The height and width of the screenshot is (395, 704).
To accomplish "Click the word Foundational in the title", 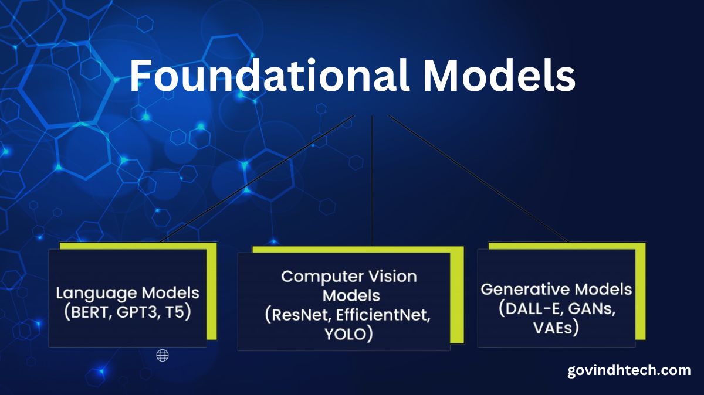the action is point(269,76).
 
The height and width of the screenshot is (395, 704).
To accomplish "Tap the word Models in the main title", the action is point(499,76).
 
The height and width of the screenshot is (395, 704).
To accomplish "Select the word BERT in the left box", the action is point(89,312).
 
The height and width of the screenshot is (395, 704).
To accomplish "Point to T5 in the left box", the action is point(175,312).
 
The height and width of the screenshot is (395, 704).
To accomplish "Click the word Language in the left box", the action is point(96,294).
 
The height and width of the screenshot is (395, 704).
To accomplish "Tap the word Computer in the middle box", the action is point(322,277).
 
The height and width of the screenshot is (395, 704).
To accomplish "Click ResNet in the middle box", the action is point(300,315).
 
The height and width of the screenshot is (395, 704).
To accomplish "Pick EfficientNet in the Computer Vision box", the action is point(383,315).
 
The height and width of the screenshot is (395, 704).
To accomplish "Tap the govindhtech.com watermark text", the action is point(629,370).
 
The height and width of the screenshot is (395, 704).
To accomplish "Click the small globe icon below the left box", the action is point(163,355).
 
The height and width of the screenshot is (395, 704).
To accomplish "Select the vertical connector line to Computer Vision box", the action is point(373,181).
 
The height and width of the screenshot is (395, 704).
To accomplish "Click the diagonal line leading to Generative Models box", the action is point(478,179).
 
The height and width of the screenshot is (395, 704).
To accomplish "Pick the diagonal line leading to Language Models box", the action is point(258,179).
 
